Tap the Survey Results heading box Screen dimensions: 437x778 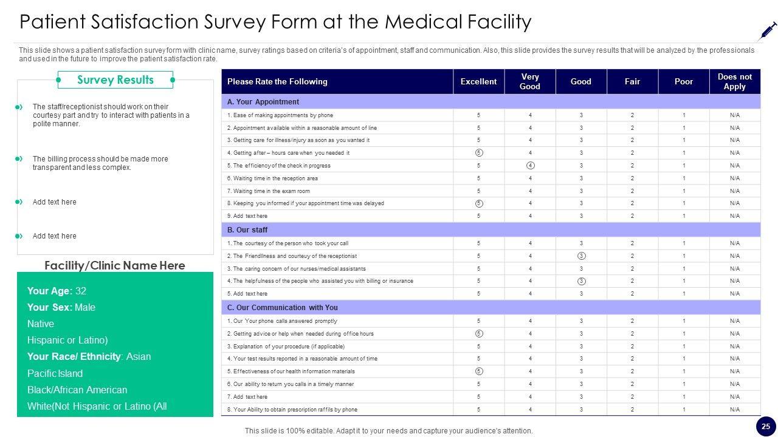click(115, 80)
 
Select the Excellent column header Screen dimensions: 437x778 click(478, 81)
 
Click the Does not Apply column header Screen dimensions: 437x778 click(734, 81)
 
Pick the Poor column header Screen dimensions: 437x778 click(683, 81)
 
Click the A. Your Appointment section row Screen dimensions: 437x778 click(263, 102)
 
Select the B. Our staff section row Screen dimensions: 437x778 click(247, 230)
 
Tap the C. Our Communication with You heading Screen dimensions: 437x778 click(283, 308)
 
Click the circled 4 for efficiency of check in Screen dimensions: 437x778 click(530, 166)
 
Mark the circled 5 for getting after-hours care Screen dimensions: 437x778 click(479, 153)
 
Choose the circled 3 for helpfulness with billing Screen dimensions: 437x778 click(581, 281)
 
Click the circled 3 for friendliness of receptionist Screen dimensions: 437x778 click(581, 256)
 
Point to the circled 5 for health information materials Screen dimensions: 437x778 click(479, 371)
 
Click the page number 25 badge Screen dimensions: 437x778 click(766, 426)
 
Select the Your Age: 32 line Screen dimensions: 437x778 click(57, 291)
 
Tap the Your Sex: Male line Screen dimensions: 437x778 click(61, 307)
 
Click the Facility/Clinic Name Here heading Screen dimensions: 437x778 click(115, 266)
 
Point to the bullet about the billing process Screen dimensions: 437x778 click(100, 163)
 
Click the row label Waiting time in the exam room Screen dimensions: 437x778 click(268, 191)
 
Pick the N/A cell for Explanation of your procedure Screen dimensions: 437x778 click(734, 347)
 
